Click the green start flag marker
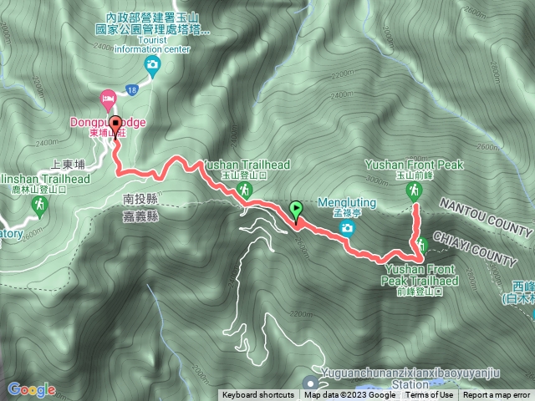click(x=295, y=210)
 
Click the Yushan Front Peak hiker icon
click(x=413, y=192)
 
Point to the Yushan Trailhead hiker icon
click(x=244, y=191)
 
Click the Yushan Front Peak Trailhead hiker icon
click(x=422, y=245)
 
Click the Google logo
click(x=31, y=389)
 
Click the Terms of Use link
click(x=430, y=395)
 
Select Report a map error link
click(x=497, y=395)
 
